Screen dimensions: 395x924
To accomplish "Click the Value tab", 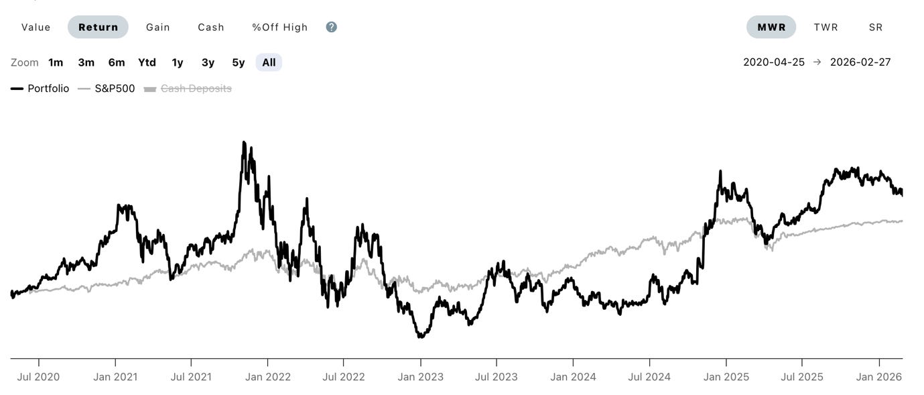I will pos(36,27).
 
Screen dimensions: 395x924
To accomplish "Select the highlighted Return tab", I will pos(98,27).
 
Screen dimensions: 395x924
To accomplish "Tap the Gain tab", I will pos(158,27).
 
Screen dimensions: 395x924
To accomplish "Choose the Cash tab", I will pos(211,27).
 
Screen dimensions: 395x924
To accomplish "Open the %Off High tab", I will pos(279,27).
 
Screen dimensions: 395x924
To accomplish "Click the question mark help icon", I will pos(331,27).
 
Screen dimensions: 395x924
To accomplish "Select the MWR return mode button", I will pos(771,27).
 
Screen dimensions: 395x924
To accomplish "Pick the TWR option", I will pos(826,27).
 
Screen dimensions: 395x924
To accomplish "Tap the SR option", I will pos(876,27).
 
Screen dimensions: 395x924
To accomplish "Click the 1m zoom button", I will pos(56,62).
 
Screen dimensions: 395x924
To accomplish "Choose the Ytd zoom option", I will pos(147,62).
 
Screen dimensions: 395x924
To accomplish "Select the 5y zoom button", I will pos(239,62).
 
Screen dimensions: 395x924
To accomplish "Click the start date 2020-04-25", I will pos(774,62).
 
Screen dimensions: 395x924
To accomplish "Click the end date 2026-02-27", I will pos(860,62).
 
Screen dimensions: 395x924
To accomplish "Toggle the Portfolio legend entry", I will pos(40,89).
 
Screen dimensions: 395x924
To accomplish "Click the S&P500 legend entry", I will pos(107,89).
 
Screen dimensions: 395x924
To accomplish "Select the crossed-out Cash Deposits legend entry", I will pos(188,89).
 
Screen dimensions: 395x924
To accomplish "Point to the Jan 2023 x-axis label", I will pos(420,377).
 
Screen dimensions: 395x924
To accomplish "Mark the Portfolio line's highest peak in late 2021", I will pos(244,143).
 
